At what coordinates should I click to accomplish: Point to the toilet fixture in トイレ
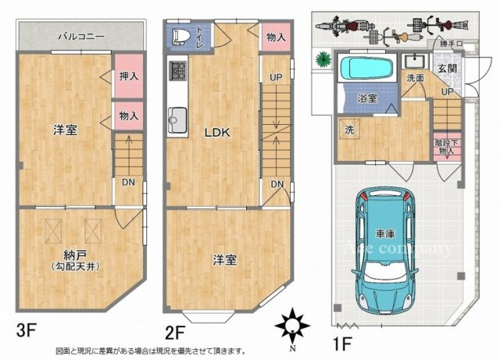coord(178,36)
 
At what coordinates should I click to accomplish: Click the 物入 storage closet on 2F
coord(272,37)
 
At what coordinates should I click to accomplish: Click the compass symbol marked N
coord(291,323)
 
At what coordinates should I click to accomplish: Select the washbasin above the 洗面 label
coord(414,62)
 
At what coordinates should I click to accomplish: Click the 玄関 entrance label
coord(445,69)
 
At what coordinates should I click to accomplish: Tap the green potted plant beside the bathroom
coord(321,59)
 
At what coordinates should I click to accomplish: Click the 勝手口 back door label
coord(451,44)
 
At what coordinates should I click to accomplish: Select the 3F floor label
coord(27,330)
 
